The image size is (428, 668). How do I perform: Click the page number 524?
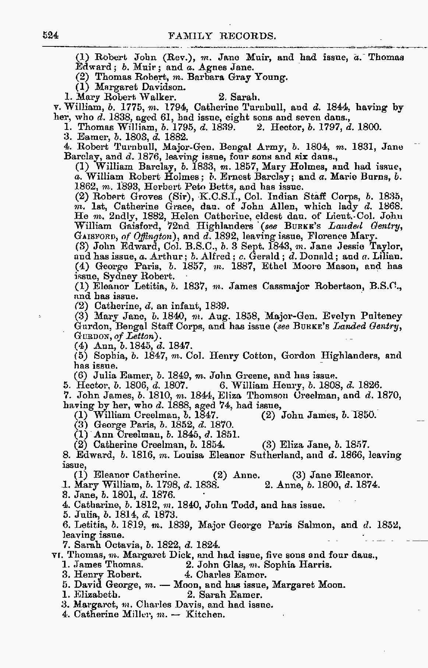[51, 35]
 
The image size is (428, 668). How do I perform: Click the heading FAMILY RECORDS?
[222, 36]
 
